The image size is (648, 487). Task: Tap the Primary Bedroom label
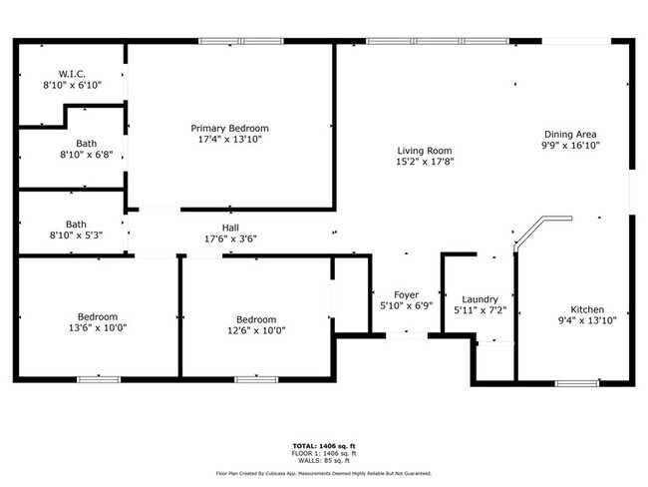point(229,129)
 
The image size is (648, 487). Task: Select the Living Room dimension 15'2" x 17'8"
point(425,162)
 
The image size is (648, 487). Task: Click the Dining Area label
point(570,134)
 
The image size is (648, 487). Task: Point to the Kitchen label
point(586,309)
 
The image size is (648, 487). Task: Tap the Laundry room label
point(480,299)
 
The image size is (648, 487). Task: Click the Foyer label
point(406,295)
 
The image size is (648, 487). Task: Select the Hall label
point(229,228)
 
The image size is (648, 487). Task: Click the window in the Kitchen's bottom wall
point(575,382)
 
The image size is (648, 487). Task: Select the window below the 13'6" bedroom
point(99,379)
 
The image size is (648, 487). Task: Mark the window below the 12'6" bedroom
point(255,379)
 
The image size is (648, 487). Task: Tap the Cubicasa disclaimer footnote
point(323,473)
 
